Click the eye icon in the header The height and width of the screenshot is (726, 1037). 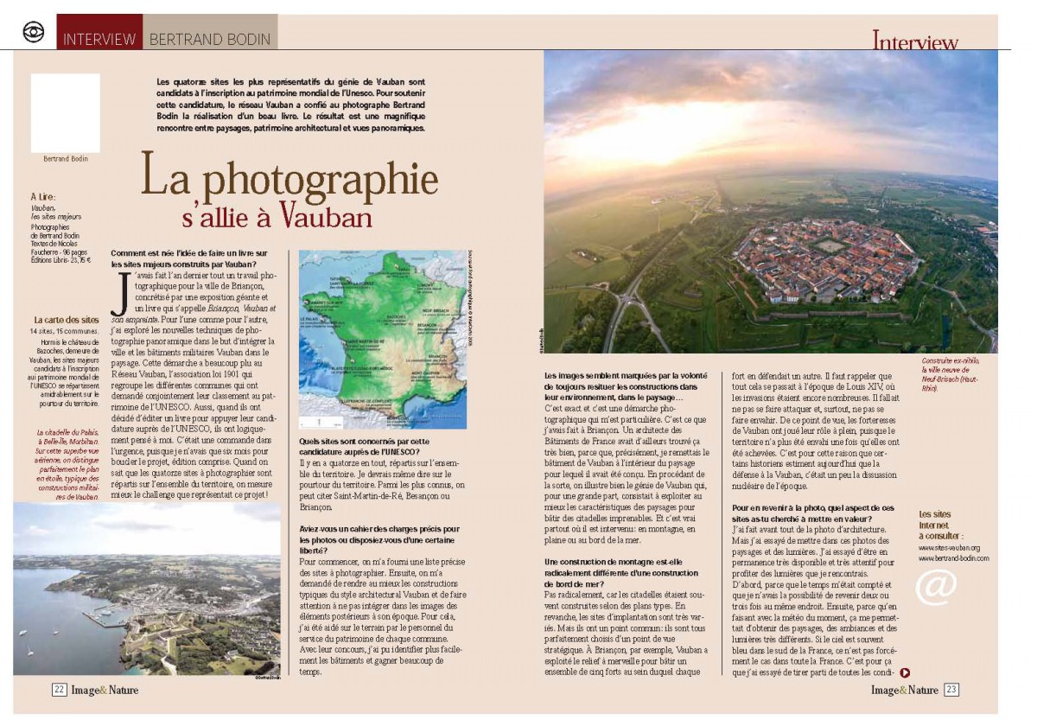(x=34, y=32)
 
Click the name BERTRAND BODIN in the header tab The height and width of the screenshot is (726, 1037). (x=210, y=39)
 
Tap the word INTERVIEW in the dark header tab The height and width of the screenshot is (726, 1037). (x=99, y=39)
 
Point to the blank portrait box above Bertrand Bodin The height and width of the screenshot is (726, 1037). (x=66, y=113)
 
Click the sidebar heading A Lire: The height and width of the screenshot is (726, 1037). (x=43, y=197)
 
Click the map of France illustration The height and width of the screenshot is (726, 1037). (x=382, y=340)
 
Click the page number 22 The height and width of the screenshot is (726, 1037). (x=59, y=690)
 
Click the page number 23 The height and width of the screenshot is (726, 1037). (x=951, y=690)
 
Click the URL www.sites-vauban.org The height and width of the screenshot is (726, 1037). (x=948, y=548)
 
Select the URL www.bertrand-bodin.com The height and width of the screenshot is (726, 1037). (x=953, y=558)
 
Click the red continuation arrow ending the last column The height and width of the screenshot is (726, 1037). (x=904, y=672)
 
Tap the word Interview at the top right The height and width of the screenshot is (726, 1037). (x=914, y=41)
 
